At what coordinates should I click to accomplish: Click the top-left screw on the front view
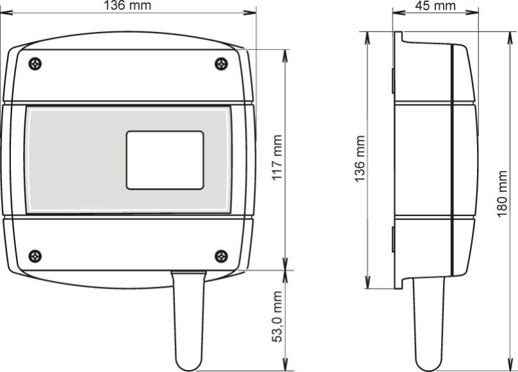(x=35, y=63)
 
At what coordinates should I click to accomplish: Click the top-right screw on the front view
(x=221, y=63)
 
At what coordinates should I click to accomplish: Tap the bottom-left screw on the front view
(x=35, y=257)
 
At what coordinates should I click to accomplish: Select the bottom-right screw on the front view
(x=221, y=257)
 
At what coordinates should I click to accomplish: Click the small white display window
(x=165, y=160)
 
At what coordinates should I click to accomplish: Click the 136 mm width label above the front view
(x=128, y=5)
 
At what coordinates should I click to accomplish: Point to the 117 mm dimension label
(x=277, y=157)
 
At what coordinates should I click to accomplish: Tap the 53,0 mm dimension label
(x=277, y=316)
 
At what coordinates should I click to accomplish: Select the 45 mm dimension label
(x=435, y=5)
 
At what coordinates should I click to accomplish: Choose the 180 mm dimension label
(x=502, y=194)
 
